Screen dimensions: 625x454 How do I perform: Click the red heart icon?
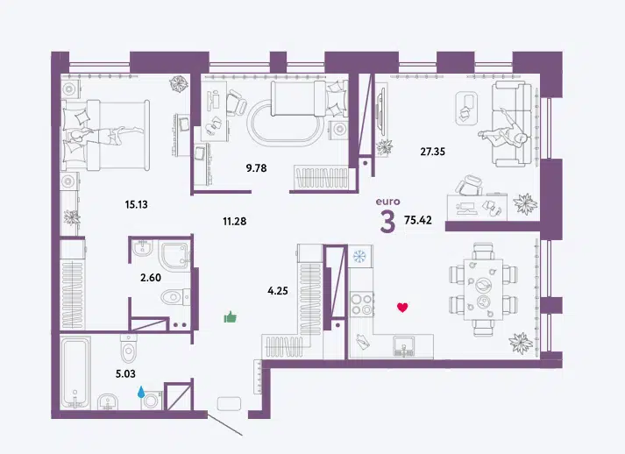[x=402, y=308]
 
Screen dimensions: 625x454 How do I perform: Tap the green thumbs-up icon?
[x=230, y=317]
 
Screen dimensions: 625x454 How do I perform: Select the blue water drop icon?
[x=141, y=392]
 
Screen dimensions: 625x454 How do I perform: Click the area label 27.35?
[x=432, y=152]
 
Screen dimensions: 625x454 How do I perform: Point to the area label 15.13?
[x=137, y=204]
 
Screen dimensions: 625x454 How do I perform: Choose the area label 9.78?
[x=256, y=168]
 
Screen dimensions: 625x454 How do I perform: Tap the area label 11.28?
[x=234, y=221]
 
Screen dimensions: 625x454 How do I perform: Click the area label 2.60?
[x=151, y=278]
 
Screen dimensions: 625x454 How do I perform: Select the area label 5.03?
[x=125, y=374]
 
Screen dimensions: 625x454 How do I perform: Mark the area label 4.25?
[x=278, y=291]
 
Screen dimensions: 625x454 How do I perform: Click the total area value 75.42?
[x=418, y=220]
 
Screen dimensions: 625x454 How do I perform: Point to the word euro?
[x=387, y=202]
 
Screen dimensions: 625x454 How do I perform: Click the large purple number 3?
[x=387, y=222]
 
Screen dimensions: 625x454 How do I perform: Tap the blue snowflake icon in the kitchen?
[x=359, y=256]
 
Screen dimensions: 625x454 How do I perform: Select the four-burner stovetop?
[x=362, y=304]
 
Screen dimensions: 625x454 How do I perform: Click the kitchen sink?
[x=403, y=346]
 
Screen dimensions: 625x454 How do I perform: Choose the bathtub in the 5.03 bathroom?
[x=75, y=372]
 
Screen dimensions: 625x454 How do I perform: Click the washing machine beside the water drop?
[x=152, y=401]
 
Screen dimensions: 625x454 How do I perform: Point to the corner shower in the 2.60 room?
[x=174, y=254]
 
